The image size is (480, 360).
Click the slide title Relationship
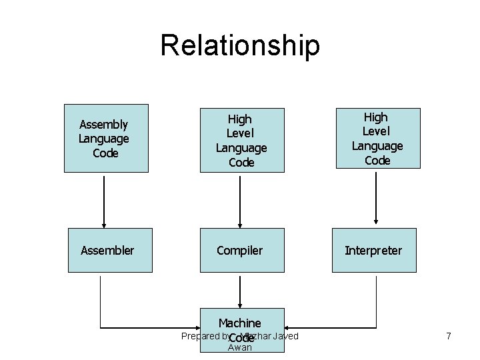click(240, 46)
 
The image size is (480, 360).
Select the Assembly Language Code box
click(106, 138)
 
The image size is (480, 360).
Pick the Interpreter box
click(374, 250)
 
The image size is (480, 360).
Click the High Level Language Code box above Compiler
click(242, 140)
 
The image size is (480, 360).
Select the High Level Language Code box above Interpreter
click(377, 138)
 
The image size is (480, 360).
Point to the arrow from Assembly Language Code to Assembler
click(104, 200)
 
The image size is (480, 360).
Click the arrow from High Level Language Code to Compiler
click(240, 200)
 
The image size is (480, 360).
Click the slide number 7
click(449, 336)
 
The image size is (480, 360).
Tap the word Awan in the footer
click(240, 347)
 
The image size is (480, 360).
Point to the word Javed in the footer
click(286, 336)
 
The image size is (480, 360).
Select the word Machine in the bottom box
click(239, 323)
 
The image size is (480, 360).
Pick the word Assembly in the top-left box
click(103, 124)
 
